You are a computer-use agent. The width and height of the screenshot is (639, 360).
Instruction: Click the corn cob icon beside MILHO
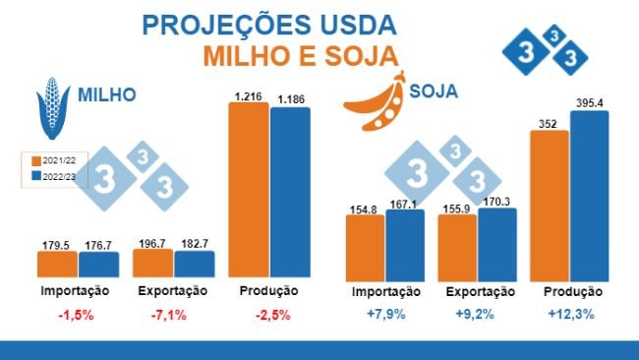click(52, 105)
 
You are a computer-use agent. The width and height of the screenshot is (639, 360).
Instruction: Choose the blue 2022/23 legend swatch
click(35, 175)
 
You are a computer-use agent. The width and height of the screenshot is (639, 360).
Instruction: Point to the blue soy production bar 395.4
click(590, 194)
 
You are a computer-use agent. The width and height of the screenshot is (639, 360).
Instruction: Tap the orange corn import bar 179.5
click(58, 264)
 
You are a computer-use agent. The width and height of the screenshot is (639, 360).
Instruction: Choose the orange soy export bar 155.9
click(457, 246)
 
